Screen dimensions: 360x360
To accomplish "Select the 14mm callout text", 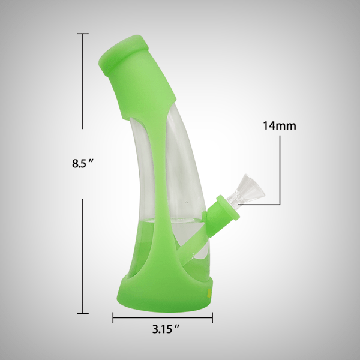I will coord(280,126).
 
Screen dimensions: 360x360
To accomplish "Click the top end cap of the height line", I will coord(82,34).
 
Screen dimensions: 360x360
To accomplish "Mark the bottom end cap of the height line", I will coord(82,313).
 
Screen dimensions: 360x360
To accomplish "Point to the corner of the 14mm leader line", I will coord(280,205).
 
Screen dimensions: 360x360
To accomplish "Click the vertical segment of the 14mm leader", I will coord(280,171).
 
